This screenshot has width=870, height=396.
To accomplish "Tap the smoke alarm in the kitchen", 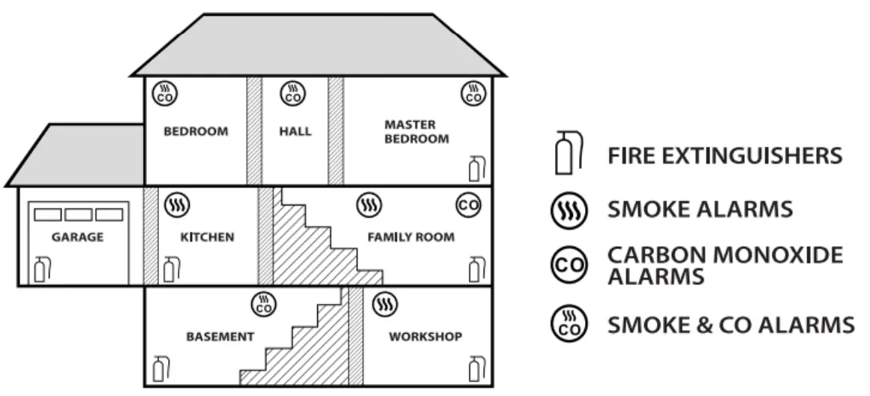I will [x=178, y=204].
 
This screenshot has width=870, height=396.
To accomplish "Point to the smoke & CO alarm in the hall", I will [x=292, y=94].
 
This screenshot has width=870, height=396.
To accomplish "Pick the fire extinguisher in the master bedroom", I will [x=474, y=169].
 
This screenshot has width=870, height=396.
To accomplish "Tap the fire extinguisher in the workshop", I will [x=474, y=369].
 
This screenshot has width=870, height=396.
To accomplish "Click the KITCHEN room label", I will [x=207, y=238].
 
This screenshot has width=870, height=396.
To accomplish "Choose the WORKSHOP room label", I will [x=425, y=337].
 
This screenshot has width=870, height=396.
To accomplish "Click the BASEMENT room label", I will [x=220, y=337].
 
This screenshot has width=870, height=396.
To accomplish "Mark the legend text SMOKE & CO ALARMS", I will [x=730, y=325].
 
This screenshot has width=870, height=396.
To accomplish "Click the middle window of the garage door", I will [x=77, y=214].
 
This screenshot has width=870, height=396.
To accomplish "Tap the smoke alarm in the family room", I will [x=368, y=204].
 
